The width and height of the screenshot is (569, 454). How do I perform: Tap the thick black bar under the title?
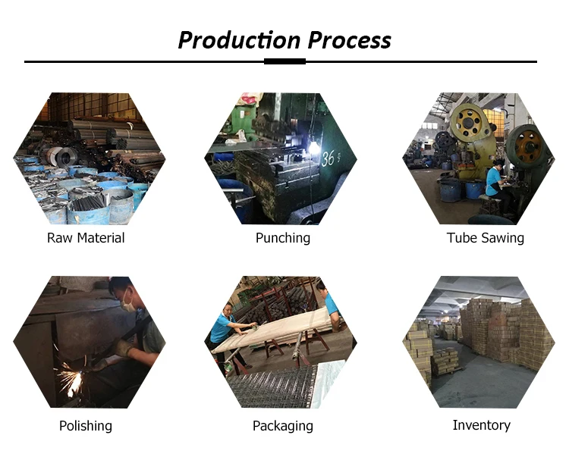pyautogui.click(x=284, y=61)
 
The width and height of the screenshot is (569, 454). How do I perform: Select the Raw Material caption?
pyautogui.click(x=86, y=238)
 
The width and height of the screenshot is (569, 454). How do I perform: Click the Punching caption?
pyautogui.click(x=283, y=238)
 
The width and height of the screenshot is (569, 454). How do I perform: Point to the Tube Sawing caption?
pyautogui.click(x=486, y=238)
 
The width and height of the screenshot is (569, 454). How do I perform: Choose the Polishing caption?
pyautogui.click(x=86, y=426)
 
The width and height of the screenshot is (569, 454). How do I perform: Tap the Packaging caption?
pyautogui.click(x=282, y=426)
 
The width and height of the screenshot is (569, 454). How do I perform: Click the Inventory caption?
pyautogui.click(x=481, y=425)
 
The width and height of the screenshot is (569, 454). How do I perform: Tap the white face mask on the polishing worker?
pyautogui.click(x=129, y=304)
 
